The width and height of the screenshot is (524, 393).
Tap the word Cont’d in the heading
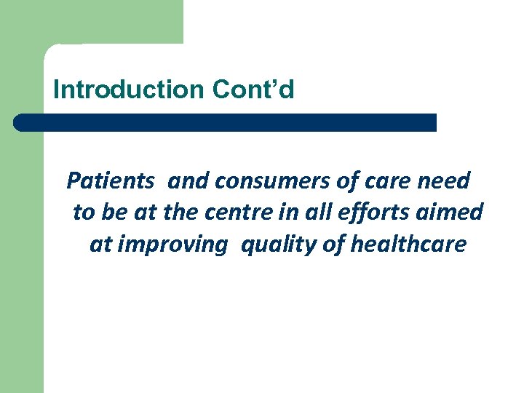(x=253, y=90)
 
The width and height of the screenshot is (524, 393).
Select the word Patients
(x=110, y=180)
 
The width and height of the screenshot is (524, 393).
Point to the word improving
(x=172, y=245)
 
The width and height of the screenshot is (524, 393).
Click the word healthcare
(x=408, y=244)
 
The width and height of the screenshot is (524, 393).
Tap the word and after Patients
(x=188, y=180)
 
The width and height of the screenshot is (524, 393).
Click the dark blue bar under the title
(x=226, y=122)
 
